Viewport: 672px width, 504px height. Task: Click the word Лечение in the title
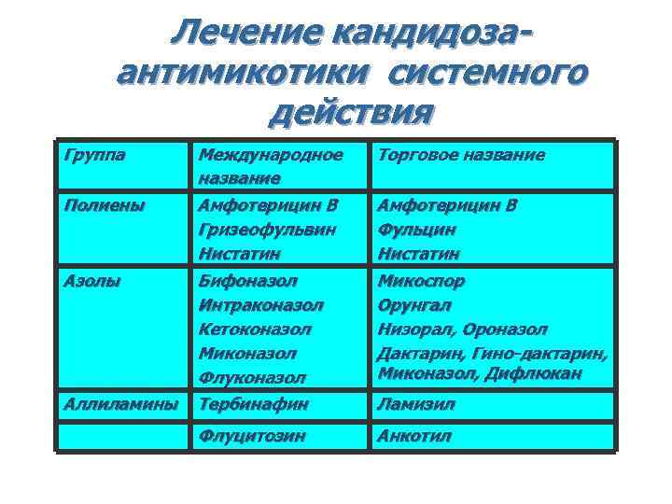click(x=239, y=33)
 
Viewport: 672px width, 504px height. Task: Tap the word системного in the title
click(x=487, y=72)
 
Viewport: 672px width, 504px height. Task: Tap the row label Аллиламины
click(x=120, y=404)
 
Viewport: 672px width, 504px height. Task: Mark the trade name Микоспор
click(x=421, y=280)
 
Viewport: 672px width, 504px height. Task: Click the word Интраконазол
click(x=261, y=304)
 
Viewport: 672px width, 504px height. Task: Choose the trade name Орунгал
click(x=413, y=304)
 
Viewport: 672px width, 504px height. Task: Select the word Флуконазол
click(x=252, y=378)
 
